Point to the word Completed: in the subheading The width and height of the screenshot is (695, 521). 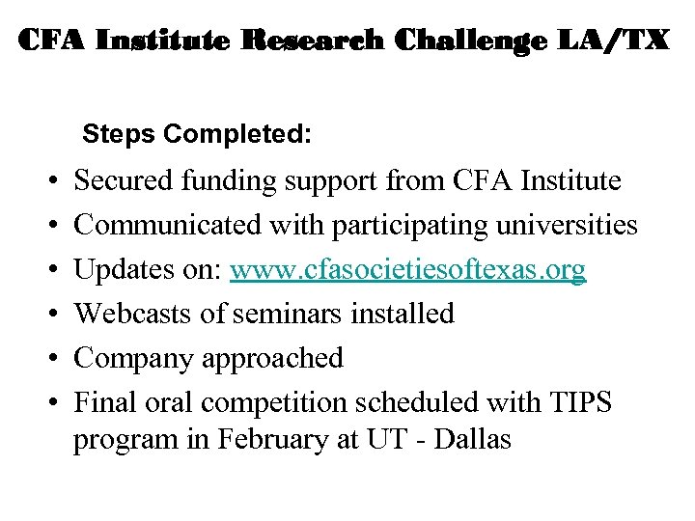[237, 134]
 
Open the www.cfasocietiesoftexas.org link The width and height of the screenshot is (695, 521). [407, 270]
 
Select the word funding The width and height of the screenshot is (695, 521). [223, 181]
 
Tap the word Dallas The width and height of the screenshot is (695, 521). [473, 441]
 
